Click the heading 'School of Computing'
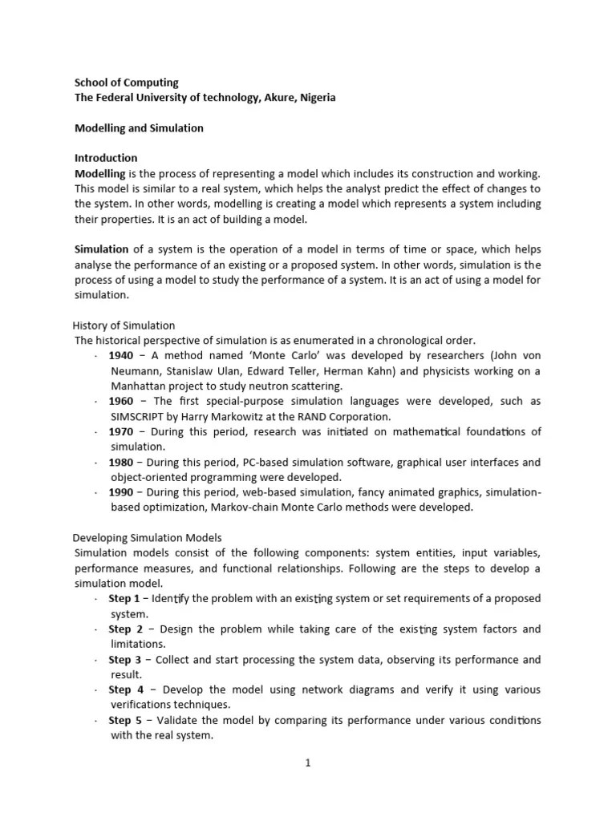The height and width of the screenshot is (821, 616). click(x=127, y=83)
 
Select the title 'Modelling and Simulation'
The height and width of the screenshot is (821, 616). click(x=139, y=128)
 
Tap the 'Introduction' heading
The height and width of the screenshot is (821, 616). click(x=106, y=158)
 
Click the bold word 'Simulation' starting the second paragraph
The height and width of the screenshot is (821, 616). click(x=102, y=249)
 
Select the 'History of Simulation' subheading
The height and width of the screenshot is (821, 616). click(x=124, y=326)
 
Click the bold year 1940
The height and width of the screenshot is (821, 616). click(x=121, y=356)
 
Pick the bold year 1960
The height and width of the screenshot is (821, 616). click(x=121, y=402)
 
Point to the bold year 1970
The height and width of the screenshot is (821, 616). click(x=121, y=432)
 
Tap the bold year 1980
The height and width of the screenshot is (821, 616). click(x=121, y=463)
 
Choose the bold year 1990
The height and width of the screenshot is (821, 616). click(x=121, y=493)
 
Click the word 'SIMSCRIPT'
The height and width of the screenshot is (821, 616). click(x=139, y=417)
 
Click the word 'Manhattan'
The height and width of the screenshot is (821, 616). click(x=137, y=386)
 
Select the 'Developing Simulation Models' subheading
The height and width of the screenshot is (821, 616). click(x=148, y=538)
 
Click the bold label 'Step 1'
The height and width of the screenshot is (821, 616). click(x=124, y=599)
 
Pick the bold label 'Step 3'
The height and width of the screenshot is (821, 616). click(x=125, y=660)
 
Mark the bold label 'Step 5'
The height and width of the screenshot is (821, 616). click(x=125, y=721)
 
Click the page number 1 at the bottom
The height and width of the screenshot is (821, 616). click(x=307, y=764)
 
